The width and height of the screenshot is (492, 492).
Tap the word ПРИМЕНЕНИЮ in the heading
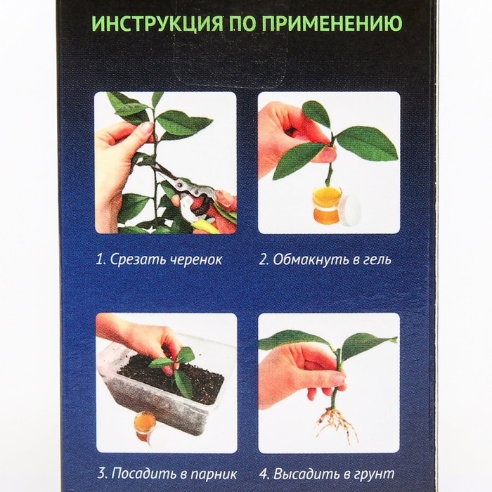[324, 26]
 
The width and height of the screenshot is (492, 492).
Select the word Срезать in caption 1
[130, 259]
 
